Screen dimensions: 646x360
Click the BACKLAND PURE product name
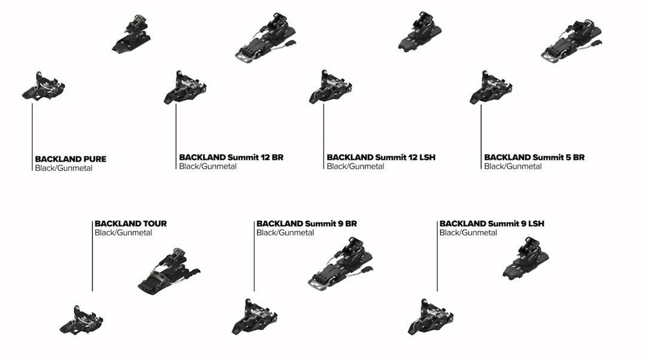[x=71, y=159]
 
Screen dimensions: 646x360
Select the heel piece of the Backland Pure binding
[x=132, y=34]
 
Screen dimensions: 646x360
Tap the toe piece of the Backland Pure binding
[x=43, y=86]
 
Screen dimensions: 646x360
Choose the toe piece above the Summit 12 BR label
[x=185, y=87]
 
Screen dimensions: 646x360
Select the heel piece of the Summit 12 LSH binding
[x=420, y=32]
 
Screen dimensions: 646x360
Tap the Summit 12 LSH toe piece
[x=330, y=87]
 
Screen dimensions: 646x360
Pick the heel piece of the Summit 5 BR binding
[x=572, y=38]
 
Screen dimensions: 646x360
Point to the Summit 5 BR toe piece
[x=490, y=87]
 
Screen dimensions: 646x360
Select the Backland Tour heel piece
[x=169, y=271]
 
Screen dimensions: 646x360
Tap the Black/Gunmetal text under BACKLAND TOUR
[x=123, y=233]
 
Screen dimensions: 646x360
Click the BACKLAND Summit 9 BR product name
[x=306, y=224]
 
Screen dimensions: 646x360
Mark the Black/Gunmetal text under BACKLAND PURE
[x=63, y=169]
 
